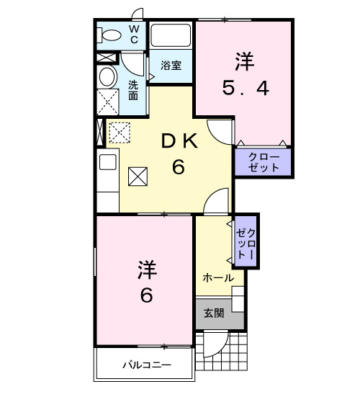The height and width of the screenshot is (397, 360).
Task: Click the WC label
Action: [x=134, y=33]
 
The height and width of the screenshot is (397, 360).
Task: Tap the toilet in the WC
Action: [x=110, y=35]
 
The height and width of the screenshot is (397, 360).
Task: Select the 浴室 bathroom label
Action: [x=171, y=65]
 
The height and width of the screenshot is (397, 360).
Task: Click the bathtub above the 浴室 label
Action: [x=171, y=35]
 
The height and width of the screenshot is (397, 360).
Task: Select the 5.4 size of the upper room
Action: [x=246, y=89]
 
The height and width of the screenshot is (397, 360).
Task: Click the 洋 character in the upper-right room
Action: [x=246, y=61]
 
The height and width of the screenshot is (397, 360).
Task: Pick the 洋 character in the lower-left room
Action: [x=146, y=270]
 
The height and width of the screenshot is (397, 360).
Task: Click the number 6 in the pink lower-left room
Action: [x=146, y=295]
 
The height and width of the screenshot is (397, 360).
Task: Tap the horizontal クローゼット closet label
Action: [x=263, y=162]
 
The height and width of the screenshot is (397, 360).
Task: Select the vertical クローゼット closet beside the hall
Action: [x=246, y=241]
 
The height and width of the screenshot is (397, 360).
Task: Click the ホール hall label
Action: [x=217, y=278]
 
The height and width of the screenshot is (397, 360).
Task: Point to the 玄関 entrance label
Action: [x=213, y=313]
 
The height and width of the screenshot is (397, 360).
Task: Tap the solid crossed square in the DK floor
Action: [x=137, y=176]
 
